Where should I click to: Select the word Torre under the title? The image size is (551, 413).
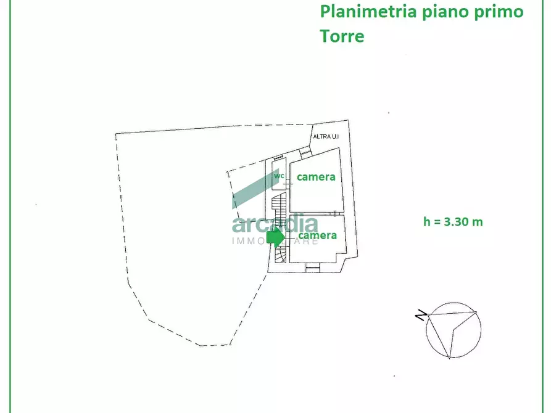point(342,36)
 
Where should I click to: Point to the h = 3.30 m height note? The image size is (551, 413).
point(453,222)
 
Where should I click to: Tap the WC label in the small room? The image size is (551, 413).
point(279,176)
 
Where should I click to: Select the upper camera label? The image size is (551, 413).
point(316,177)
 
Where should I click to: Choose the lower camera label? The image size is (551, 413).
point(317,235)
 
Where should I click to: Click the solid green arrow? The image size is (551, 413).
point(275,236)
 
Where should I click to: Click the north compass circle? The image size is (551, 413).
point(454,330)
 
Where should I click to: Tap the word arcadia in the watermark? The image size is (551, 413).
point(275,225)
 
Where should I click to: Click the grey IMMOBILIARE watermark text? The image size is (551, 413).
point(275,241)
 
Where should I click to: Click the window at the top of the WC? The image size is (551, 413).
point(278,158)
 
